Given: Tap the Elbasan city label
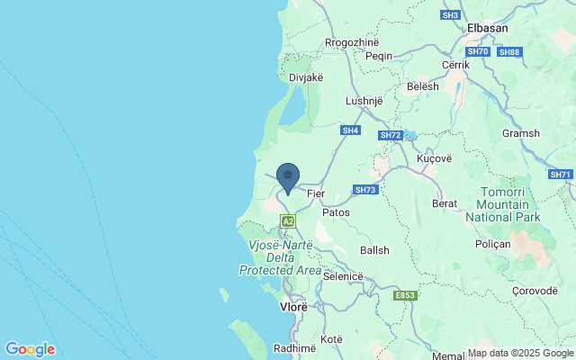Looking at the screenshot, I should click(488, 28).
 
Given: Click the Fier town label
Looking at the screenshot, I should click(315, 193).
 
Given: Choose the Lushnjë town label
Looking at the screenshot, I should click(365, 101).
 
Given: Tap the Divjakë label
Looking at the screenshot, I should click(305, 77).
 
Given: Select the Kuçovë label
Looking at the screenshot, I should click(436, 158).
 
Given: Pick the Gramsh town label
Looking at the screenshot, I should click(521, 133).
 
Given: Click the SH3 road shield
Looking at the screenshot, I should click(451, 15).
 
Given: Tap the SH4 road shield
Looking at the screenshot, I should click(350, 130).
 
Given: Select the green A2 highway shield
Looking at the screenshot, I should click(288, 220).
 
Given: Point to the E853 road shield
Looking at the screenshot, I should click(405, 295).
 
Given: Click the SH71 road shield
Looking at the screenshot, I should click(560, 174).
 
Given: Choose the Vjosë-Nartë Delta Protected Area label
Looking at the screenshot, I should click(280, 257).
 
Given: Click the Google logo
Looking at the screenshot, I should click(30, 349).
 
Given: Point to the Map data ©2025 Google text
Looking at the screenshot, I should click(520, 354).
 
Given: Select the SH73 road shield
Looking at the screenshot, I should click(364, 190).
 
